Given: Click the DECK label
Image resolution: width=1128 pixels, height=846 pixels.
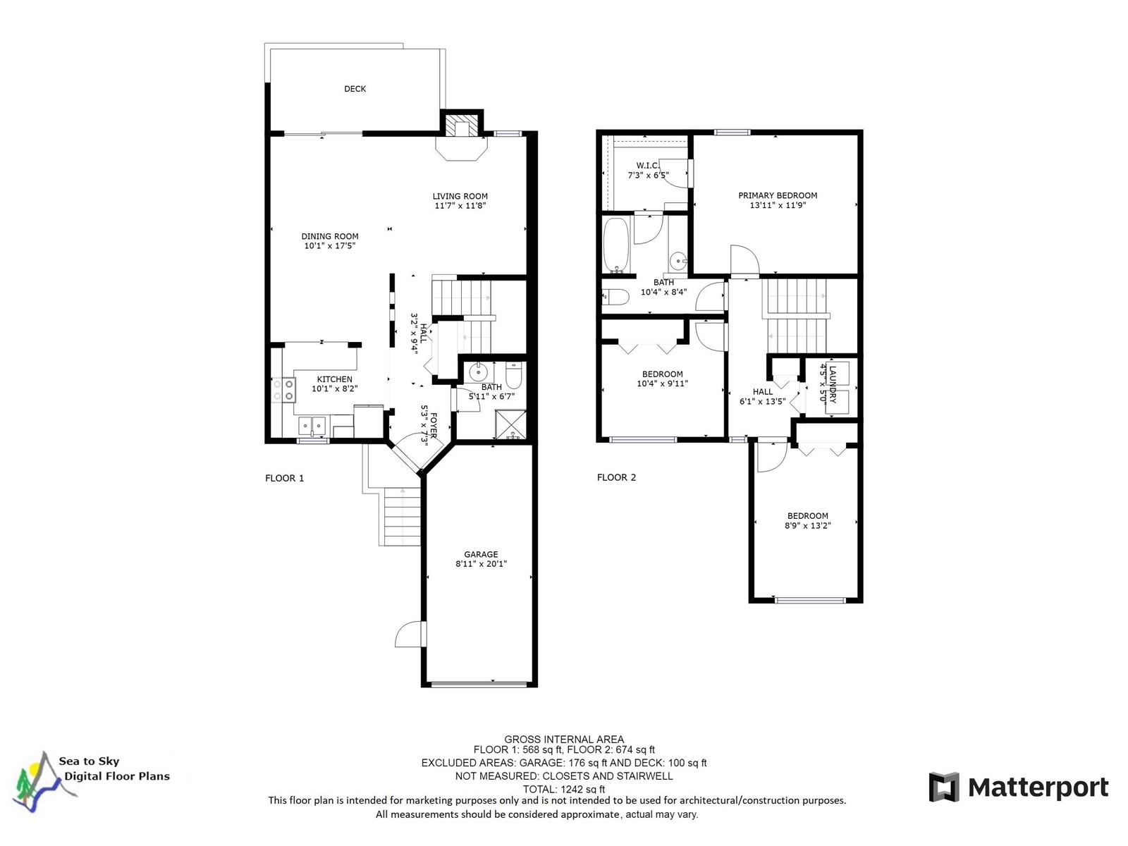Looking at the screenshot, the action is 355,89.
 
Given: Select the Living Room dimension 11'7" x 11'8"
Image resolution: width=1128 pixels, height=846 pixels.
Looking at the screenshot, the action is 460,205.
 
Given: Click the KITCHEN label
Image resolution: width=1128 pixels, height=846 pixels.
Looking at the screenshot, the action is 335,379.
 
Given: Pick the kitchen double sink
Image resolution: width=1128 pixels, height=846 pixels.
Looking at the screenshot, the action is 312,426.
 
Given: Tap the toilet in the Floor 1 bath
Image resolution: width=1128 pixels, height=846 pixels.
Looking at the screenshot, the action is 513,375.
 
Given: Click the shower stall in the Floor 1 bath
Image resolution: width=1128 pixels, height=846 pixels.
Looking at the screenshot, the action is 510,425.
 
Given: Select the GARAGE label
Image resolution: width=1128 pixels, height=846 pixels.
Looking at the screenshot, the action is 481,554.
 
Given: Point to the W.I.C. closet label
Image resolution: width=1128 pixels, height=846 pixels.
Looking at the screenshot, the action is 647,166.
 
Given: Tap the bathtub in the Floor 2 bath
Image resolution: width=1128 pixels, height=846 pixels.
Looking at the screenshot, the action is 615,246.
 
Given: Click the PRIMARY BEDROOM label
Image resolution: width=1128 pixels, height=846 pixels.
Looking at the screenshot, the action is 778,195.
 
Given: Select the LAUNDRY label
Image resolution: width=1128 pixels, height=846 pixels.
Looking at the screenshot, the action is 833,384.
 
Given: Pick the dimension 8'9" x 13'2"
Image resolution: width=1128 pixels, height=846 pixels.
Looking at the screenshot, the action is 808,525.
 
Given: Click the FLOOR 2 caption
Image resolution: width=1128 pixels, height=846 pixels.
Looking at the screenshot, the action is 616,477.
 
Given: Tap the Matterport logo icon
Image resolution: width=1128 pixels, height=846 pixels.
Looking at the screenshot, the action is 943,786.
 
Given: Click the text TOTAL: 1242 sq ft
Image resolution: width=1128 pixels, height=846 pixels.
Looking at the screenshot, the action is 564,789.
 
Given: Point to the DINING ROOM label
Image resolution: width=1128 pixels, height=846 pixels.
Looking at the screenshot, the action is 330,236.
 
